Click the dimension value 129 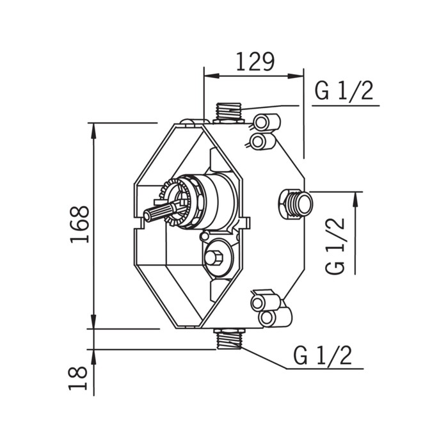[255, 61]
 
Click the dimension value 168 [79, 225]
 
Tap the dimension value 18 [77, 378]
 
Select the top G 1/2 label [344, 91]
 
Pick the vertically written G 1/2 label [335, 246]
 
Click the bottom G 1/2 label [323, 356]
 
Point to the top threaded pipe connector [229, 113]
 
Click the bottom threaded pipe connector [228, 339]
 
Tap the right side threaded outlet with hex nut [296, 204]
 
